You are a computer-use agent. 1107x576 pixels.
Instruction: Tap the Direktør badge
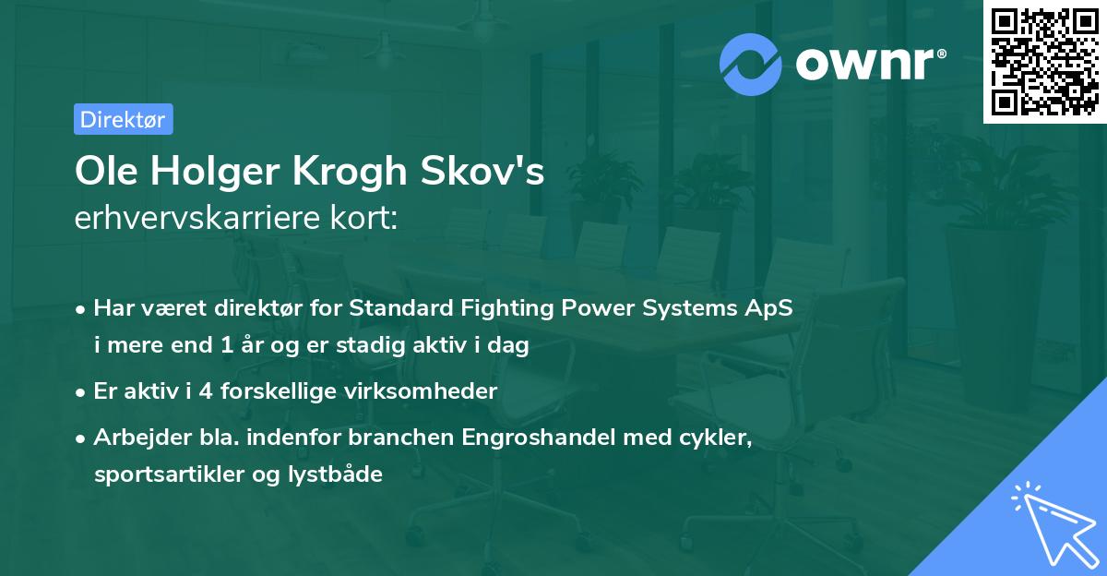click(x=123, y=119)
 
